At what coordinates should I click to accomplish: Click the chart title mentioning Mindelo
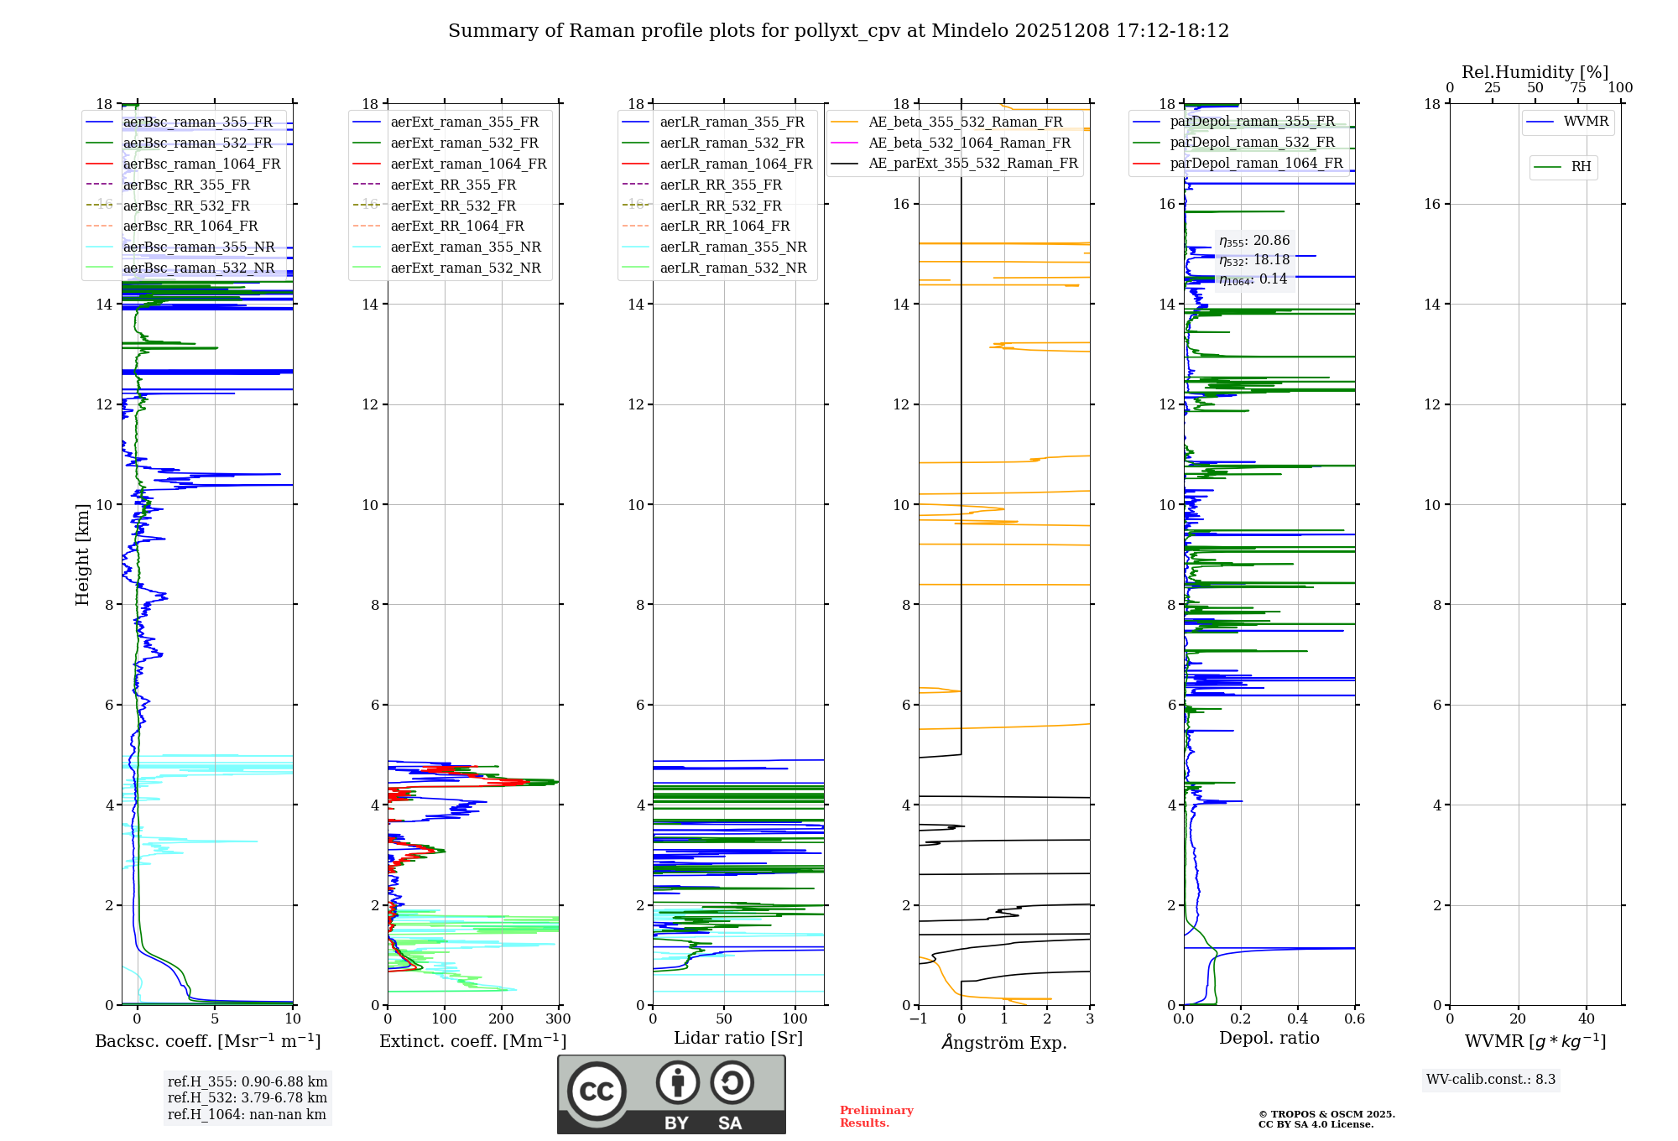(x=838, y=31)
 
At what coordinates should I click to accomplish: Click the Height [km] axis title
(x=82, y=555)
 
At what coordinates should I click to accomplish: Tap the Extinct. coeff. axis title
(x=473, y=1041)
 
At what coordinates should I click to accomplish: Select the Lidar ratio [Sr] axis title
(x=738, y=1038)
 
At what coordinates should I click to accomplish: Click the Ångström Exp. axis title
(x=1004, y=1042)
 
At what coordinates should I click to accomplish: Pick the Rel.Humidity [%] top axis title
(x=1535, y=72)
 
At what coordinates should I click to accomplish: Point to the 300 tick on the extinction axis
(x=559, y=1019)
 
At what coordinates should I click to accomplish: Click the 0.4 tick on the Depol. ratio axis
(x=1298, y=1019)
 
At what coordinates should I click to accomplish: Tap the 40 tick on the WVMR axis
(x=1587, y=1019)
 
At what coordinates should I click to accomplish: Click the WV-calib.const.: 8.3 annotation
(x=1491, y=1080)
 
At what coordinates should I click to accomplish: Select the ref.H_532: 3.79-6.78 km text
(x=248, y=1097)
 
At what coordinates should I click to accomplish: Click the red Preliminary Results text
(x=876, y=1117)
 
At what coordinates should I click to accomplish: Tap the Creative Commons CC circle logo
(x=597, y=1092)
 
